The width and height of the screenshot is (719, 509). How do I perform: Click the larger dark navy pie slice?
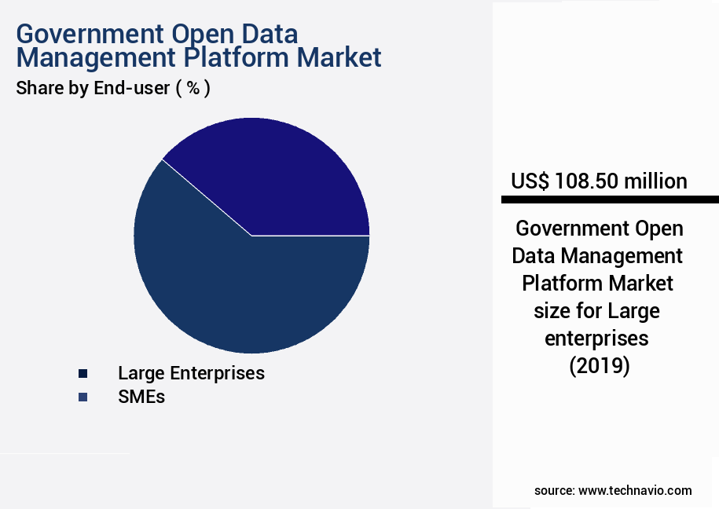(236, 291)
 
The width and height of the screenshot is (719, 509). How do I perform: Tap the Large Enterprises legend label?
(191, 373)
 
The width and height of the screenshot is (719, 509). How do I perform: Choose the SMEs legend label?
(141, 397)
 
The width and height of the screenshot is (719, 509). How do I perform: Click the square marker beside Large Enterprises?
(83, 374)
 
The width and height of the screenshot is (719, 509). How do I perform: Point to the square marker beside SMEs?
(83, 397)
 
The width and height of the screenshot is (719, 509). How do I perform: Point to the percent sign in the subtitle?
(193, 89)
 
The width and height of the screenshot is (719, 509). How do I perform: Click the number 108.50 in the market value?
(587, 181)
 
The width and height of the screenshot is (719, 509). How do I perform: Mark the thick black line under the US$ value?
(610, 200)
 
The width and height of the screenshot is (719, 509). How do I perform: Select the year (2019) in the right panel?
(599, 366)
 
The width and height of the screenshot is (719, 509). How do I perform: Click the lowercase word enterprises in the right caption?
(597, 339)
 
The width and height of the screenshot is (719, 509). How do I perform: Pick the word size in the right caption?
(552, 311)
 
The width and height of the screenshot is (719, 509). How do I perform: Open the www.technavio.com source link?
(635, 490)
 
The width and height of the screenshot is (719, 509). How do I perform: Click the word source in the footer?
(554, 490)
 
